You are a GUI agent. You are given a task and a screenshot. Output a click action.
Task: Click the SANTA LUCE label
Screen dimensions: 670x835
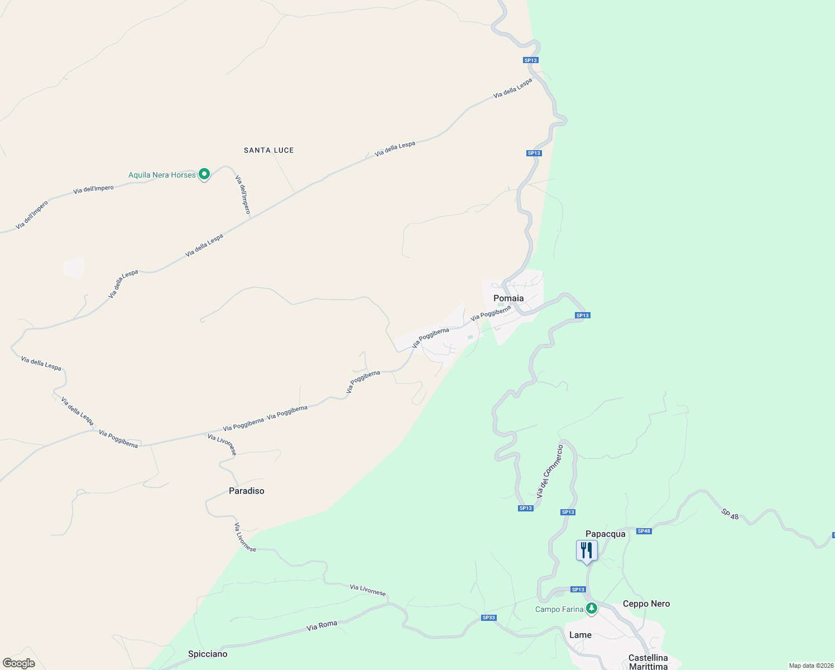[268, 150]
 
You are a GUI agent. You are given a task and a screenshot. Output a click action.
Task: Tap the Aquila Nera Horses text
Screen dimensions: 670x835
[162, 175]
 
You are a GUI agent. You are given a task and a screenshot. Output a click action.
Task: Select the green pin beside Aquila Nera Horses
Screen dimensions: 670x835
[204, 174]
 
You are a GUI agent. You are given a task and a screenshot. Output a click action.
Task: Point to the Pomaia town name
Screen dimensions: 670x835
[508, 298]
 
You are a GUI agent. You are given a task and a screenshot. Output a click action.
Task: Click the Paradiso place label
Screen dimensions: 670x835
[246, 491]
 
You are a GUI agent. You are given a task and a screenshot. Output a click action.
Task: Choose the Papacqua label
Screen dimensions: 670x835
[605, 534]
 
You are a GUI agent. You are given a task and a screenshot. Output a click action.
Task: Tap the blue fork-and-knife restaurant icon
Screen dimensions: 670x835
[587, 550]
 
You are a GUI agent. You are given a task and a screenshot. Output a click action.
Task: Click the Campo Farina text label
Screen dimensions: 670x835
[559, 609]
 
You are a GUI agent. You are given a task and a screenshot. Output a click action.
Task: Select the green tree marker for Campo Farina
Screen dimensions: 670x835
[591, 608]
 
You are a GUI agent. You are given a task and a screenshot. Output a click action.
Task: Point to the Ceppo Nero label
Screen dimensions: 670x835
[646, 604]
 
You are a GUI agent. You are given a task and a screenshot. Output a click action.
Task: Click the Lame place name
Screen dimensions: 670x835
[580, 635]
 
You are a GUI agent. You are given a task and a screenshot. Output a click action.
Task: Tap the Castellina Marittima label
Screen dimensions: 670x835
[648, 662]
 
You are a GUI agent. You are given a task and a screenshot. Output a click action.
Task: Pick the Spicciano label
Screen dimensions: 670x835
[208, 654]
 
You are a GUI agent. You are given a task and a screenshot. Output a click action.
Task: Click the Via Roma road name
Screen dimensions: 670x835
[321, 626]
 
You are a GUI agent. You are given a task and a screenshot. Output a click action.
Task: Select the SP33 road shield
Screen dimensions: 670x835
[488, 618]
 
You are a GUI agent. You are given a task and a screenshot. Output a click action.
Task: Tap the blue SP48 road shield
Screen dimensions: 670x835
[644, 531]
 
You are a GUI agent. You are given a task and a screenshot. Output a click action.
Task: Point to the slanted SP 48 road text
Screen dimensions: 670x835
[730, 514]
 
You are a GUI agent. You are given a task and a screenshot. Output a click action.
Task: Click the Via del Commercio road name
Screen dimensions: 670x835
[550, 472]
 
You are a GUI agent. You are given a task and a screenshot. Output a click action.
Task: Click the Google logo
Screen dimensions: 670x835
[19, 663]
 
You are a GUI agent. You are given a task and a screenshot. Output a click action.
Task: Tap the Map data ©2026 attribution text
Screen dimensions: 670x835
[810, 666]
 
